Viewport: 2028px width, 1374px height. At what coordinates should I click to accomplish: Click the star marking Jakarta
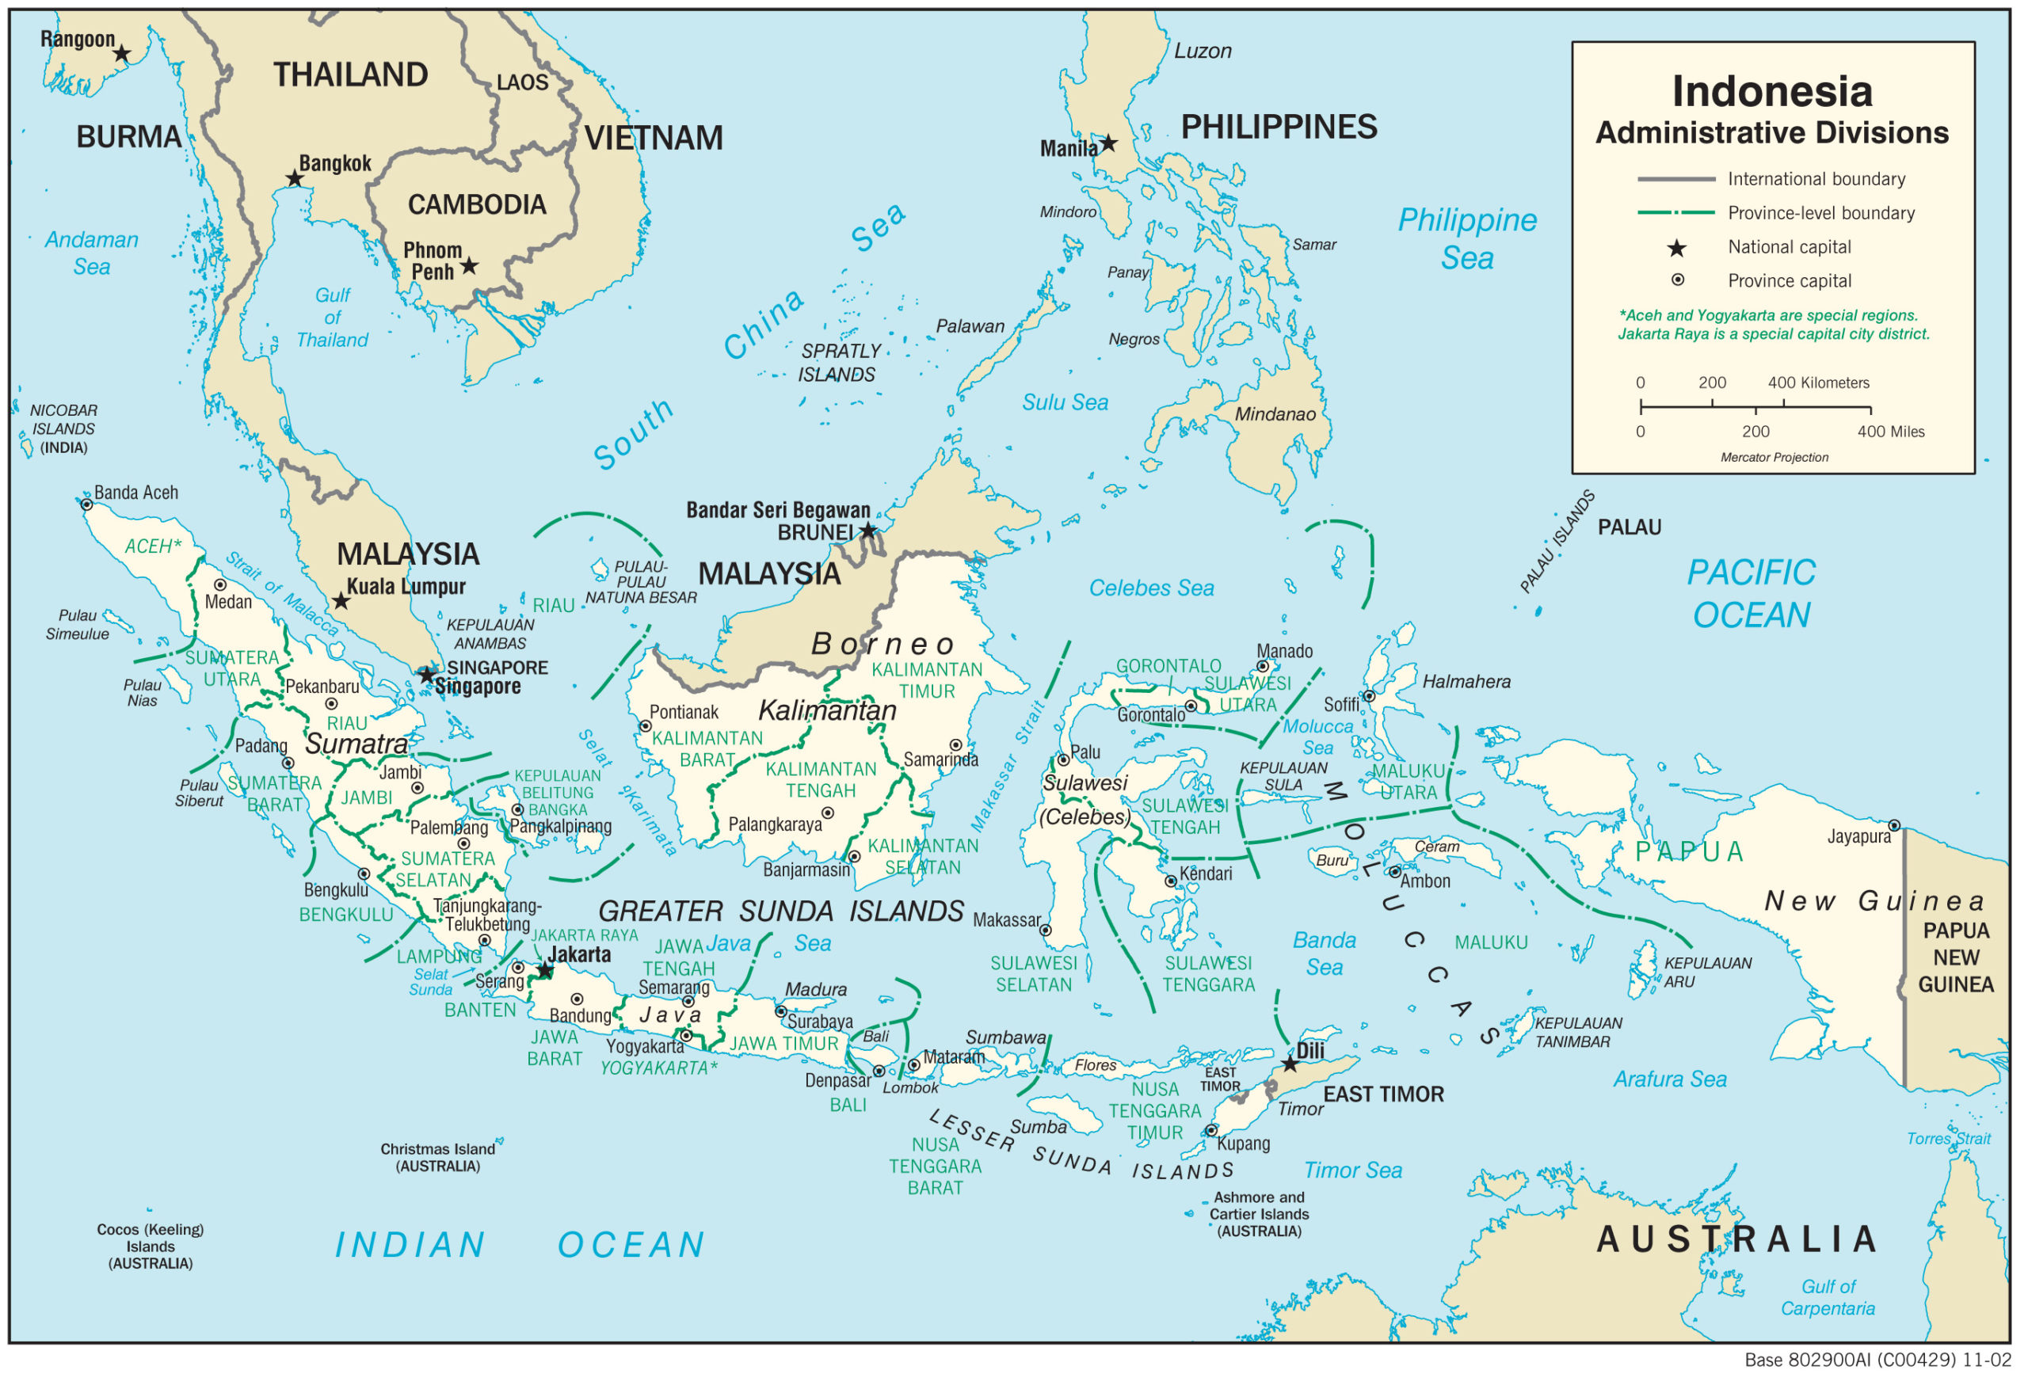[544, 970]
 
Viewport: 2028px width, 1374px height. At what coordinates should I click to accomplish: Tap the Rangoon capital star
[122, 54]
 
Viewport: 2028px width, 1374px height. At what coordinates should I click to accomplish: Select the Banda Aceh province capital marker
[86, 504]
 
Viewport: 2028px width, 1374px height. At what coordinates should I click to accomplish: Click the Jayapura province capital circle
[1893, 825]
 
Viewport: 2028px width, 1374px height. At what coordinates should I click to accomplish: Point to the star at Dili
[1290, 1064]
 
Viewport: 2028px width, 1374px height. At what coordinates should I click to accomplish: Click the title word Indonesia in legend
[1771, 92]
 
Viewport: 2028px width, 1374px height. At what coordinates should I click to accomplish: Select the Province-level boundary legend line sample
[1675, 213]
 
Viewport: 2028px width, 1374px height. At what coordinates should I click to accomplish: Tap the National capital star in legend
[1676, 249]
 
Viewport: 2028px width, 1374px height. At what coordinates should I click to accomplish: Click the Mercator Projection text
[1773, 457]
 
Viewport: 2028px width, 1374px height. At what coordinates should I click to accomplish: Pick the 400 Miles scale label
[1890, 432]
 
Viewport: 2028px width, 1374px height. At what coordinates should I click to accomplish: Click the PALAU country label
[1630, 527]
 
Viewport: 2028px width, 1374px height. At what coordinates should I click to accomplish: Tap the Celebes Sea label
[1151, 588]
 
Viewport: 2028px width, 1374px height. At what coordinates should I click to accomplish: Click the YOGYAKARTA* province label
[658, 1068]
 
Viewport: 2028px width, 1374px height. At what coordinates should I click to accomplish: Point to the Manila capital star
[1107, 143]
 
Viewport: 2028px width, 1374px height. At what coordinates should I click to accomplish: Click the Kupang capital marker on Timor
[1211, 1131]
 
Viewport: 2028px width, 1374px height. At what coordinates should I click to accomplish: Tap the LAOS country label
[522, 83]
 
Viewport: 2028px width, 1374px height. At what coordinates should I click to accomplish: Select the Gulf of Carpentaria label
[1828, 1297]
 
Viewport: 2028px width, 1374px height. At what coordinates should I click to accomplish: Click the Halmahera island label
[1466, 682]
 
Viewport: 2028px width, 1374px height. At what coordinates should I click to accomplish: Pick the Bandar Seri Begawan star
[867, 531]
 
